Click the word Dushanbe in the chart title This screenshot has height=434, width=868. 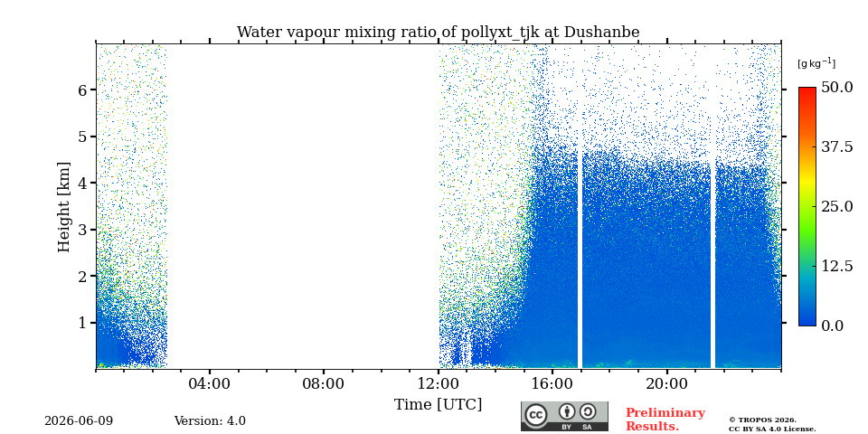click(x=602, y=33)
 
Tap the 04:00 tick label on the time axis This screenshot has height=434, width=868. click(x=210, y=383)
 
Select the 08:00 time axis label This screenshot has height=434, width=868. click(x=324, y=383)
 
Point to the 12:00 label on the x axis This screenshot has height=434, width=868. click(x=439, y=383)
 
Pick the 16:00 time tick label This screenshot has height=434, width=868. click(x=552, y=383)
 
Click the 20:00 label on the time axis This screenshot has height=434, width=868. click(x=667, y=383)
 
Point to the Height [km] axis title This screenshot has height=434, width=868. click(x=65, y=207)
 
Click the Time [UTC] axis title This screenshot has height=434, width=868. click(x=438, y=405)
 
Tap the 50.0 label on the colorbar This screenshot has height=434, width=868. click(x=837, y=87)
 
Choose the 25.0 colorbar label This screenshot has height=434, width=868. click(x=836, y=206)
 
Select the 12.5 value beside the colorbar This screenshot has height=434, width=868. click(x=836, y=266)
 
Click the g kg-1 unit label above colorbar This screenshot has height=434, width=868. click(x=816, y=63)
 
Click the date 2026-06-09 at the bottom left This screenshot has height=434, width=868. click(x=79, y=421)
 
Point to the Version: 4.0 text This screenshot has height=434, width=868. click(x=210, y=421)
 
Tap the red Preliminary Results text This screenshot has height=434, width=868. click(x=665, y=420)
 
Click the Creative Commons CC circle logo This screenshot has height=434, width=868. click(x=536, y=416)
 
